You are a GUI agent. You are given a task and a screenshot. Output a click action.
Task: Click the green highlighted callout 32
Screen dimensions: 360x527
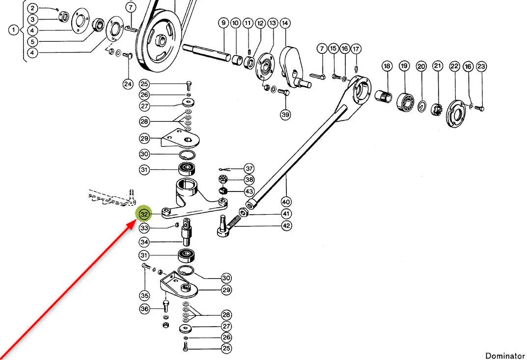pyautogui.click(x=144, y=215)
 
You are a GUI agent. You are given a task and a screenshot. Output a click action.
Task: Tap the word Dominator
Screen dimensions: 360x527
pyautogui.click(x=505, y=356)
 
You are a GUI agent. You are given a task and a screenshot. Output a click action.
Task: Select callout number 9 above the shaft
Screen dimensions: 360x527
pyautogui.click(x=223, y=23)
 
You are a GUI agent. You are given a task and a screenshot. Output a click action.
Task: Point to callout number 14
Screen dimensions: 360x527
pyautogui.click(x=285, y=23)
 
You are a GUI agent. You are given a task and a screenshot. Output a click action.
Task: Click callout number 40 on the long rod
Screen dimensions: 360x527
pyautogui.click(x=286, y=201)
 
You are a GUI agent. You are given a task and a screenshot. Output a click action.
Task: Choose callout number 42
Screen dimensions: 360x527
pyautogui.click(x=286, y=225)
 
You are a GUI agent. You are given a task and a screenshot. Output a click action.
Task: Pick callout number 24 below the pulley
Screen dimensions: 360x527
pyautogui.click(x=128, y=84)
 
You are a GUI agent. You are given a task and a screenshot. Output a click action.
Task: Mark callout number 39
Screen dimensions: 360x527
pyautogui.click(x=285, y=114)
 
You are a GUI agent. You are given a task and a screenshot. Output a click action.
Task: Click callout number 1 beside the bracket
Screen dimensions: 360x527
pyautogui.click(x=14, y=30)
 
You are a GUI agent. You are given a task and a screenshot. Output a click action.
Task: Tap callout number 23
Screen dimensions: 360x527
pyautogui.click(x=481, y=66)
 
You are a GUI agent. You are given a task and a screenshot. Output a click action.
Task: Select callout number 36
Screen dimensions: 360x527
pyautogui.click(x=144, y=309)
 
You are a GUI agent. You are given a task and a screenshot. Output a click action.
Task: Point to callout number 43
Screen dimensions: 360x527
pyautogui.click(x=250, y=191)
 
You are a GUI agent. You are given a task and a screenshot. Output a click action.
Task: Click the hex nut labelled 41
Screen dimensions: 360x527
pyautogui.click(x=243, y=213)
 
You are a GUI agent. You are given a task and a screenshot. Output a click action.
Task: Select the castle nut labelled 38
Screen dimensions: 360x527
pyautogui.click(x=222, y=179)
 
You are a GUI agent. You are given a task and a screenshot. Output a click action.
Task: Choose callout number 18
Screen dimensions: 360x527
pyautogui.click(x=387, y=66)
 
